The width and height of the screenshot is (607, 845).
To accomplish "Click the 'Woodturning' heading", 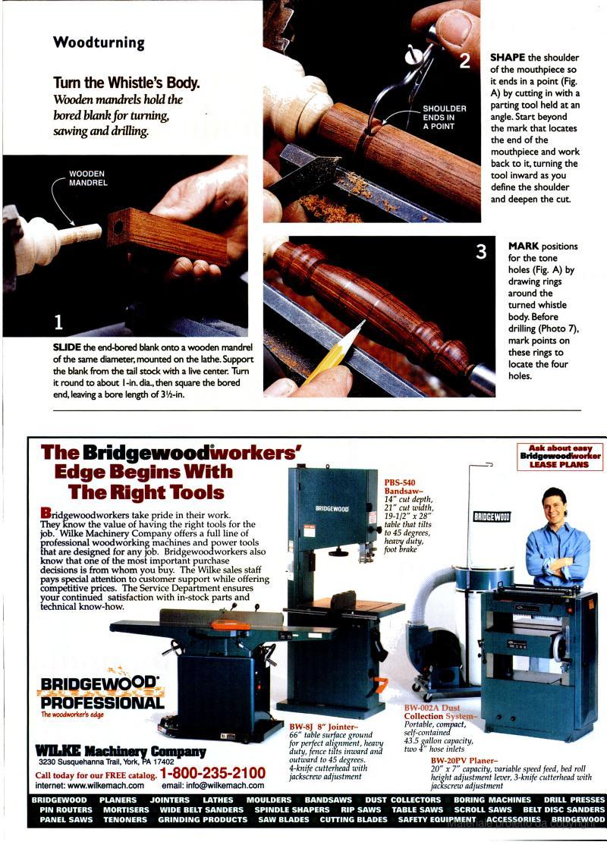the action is point(99,42).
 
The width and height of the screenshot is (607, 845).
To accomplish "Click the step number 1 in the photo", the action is point(58,322).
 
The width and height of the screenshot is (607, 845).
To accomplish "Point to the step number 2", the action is point(464,61).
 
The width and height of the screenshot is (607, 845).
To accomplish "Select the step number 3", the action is point(481,251).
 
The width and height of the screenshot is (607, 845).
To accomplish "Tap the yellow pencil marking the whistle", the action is point(333,352).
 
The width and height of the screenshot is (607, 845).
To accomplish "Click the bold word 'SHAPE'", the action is point(508,57).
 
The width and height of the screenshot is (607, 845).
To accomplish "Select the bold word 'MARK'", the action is point(523,246).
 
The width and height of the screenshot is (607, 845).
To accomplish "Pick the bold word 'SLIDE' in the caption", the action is point(67,347).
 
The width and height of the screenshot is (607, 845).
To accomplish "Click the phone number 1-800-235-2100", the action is point(213,774).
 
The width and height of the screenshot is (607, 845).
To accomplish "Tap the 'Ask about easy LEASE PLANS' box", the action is point(559,457).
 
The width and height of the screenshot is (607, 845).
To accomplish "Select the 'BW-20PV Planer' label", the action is point(464,760).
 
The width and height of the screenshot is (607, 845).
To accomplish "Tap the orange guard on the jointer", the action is point(230,624).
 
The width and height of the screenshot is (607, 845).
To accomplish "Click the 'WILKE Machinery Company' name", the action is point(120,751).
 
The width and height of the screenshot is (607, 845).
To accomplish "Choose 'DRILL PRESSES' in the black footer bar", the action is point(574,799).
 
